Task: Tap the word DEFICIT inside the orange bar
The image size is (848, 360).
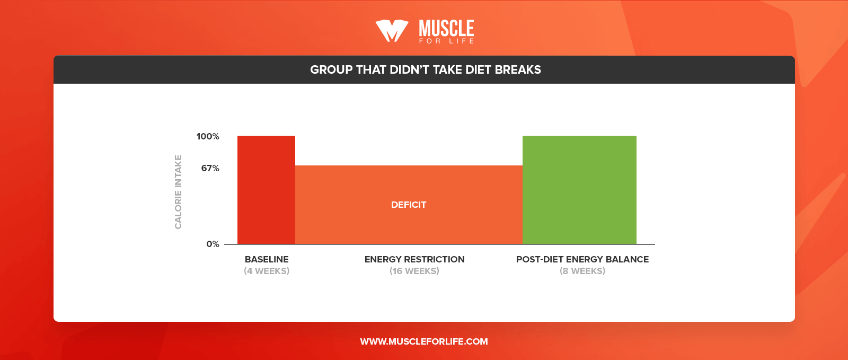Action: coord(408,205)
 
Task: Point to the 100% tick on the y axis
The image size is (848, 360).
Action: coord(208,137)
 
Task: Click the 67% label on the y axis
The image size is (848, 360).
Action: coord(210,169)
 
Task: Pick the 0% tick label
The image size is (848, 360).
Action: coord(213,244)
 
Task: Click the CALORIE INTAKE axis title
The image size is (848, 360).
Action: coord(178,192)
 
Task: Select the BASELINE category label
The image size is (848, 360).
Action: coord(267,259)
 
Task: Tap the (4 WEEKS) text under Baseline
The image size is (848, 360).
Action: coord(267,271)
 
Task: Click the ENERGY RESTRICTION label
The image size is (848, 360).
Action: coord(414,259)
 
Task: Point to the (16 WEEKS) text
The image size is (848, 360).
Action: coord(414,271)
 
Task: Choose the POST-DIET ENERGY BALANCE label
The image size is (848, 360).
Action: coord(582,259)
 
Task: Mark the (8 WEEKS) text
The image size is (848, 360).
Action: coord(582,271)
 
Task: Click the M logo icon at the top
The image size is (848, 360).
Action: coord(392,31)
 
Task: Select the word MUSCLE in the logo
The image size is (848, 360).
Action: coord(446,28)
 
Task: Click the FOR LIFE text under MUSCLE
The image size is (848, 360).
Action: coord(446,41)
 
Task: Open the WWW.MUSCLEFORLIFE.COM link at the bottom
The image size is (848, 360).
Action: coord(424,341)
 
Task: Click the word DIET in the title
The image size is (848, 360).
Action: coord(478,70)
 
